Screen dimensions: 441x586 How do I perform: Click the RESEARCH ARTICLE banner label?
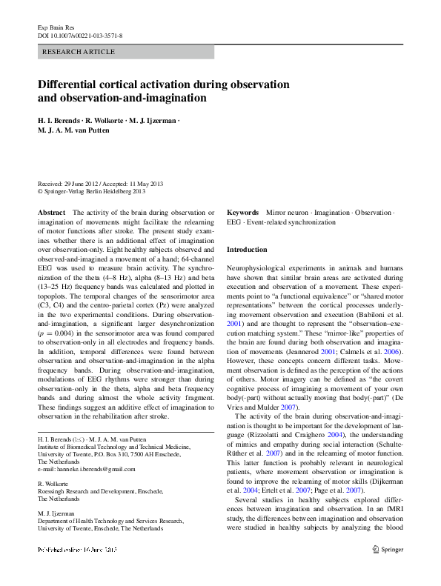click(80, 52)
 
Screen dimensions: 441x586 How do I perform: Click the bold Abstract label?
click(50, 213)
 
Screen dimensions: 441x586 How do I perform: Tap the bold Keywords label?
click(242, 213)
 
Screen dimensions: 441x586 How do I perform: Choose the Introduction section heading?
click(247, 250)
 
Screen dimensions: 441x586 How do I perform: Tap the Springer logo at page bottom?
click(387, 570)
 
